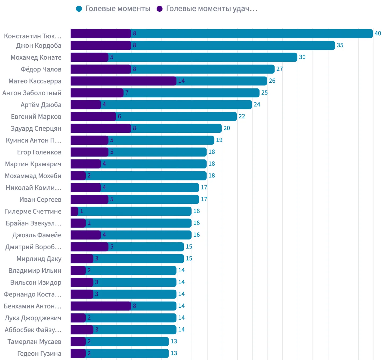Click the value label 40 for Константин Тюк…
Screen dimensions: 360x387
(378, 33)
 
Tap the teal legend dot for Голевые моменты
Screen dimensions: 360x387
(79, 9)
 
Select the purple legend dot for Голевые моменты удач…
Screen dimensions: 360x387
(160, 9)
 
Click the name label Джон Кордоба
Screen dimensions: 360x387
(39, 46)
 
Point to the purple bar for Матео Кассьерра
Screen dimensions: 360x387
(123, 81)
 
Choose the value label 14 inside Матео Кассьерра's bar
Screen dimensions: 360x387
(181, 81)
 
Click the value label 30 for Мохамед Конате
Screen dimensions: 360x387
(302, 57)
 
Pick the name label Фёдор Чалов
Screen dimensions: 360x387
(41, 69)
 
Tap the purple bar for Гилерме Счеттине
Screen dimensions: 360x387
(74, 211)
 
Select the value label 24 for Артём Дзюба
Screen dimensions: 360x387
(257, 105)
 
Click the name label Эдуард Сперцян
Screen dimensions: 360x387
(36, 128)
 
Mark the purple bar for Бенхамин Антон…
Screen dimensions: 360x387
(101, 306)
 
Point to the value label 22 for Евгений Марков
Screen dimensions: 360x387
(242, 116)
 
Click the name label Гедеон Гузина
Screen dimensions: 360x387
(39, 354)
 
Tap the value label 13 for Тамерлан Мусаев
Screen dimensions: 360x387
(174, 341)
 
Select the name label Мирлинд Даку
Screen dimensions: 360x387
(39, 259)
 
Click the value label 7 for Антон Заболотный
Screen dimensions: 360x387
(127, 93)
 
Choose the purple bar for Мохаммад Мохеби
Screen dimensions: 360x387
(78, 176)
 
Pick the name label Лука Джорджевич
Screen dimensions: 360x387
(33, 318)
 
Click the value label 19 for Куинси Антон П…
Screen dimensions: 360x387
(219, 140)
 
